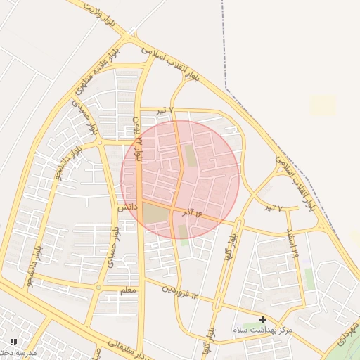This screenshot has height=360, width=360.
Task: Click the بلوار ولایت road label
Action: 98,13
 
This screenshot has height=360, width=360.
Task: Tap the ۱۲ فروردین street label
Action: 181,295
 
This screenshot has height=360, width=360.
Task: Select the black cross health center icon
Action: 263,319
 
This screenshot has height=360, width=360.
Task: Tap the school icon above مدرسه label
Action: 13,342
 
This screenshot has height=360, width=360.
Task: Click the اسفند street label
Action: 292,243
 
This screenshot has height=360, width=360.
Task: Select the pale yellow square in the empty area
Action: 323,105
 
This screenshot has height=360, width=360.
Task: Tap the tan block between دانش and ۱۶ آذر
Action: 157,214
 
